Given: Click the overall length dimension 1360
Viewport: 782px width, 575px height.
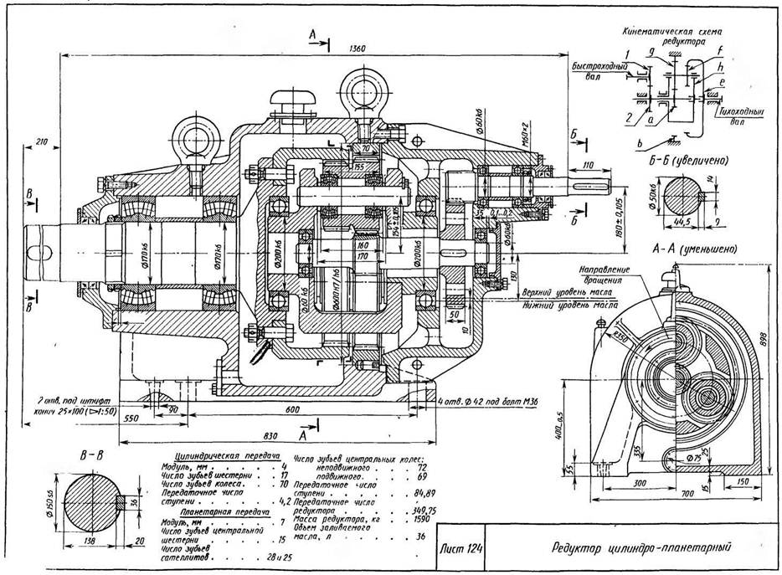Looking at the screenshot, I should click(358, 49).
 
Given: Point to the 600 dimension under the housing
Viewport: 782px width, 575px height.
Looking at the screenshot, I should click(291, 409).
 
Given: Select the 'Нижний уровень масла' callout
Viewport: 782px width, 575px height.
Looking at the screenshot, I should click(564, 305).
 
